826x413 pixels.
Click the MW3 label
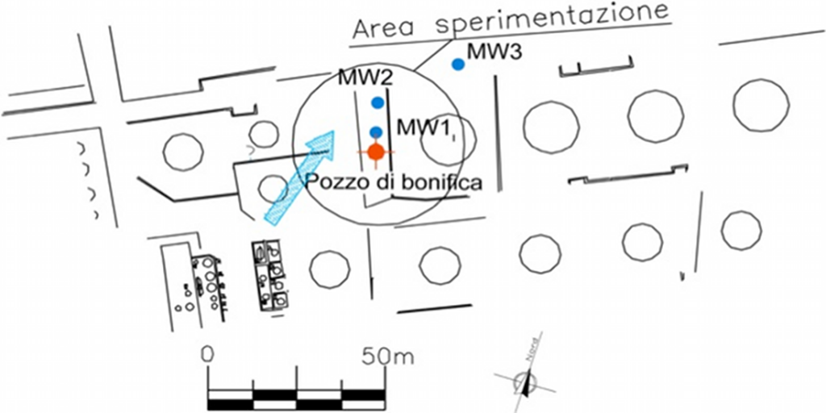tap(494, 52)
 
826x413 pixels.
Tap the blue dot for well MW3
tap(458, 65)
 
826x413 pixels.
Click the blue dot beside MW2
tap(377, 102)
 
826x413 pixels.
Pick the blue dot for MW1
tap(375, 131)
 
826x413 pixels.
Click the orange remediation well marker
tap(375, 151)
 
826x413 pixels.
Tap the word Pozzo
tap(332, 183)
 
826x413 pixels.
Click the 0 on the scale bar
tap(208, 354)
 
